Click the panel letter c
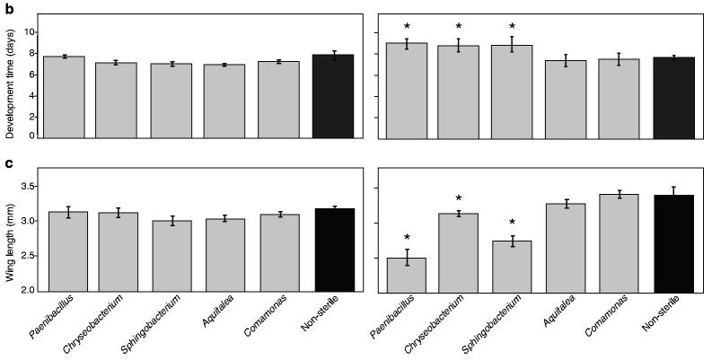coord(8,163)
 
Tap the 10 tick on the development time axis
coord(30,31)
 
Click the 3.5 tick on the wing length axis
coord(27,186)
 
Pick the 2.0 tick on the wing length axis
coord(27,291)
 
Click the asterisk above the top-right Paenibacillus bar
coord(409,27)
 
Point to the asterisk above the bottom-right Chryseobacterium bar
coord(459,198)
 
